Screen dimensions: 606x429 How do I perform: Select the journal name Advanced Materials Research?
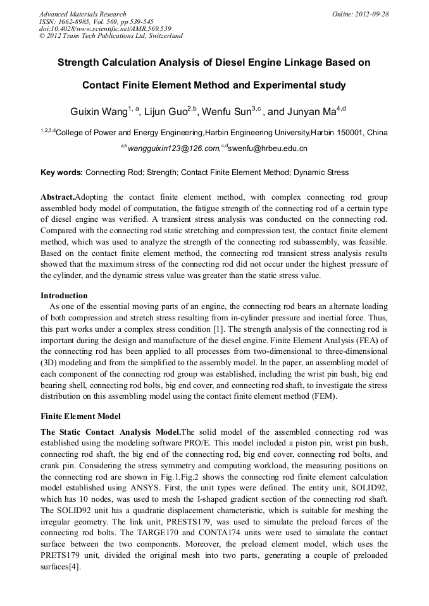(82, 14)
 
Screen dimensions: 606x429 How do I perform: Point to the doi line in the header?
(105, 28)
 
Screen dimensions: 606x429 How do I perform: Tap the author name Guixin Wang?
(98, 112)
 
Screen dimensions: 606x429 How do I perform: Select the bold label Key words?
(61, 173)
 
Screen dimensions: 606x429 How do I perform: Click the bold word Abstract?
(57, 197)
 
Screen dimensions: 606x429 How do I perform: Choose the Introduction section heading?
(64, 296)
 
